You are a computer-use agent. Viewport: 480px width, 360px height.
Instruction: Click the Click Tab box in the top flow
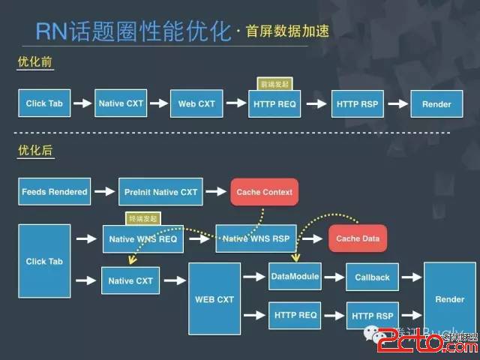(45, 103)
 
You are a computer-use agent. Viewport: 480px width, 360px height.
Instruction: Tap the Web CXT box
(196, 103)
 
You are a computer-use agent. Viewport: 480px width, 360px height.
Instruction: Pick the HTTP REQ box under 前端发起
(274, 103)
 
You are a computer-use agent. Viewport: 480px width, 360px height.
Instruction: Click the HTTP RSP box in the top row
(357, 103)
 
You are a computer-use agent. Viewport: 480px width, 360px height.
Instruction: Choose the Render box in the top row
(436, 103)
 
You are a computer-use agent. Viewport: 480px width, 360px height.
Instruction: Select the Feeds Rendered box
(55, 191)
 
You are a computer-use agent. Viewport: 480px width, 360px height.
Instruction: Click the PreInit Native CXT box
(160, 191)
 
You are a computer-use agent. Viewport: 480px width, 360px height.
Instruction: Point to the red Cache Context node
(263, 192)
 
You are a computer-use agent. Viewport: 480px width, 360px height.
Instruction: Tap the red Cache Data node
(358, 238)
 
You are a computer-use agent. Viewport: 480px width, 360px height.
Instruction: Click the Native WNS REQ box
(142, 238)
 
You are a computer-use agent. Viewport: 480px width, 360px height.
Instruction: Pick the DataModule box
(295, 276)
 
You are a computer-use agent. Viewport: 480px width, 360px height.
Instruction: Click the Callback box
(372, 277)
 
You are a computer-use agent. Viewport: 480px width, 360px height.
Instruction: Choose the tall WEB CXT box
(214, 298)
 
